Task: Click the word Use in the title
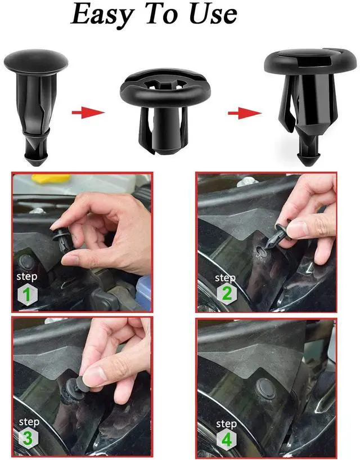click(210, 15)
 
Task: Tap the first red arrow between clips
click(88, 113)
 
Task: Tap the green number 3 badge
click(28, 438)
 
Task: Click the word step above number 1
click(28, 277)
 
